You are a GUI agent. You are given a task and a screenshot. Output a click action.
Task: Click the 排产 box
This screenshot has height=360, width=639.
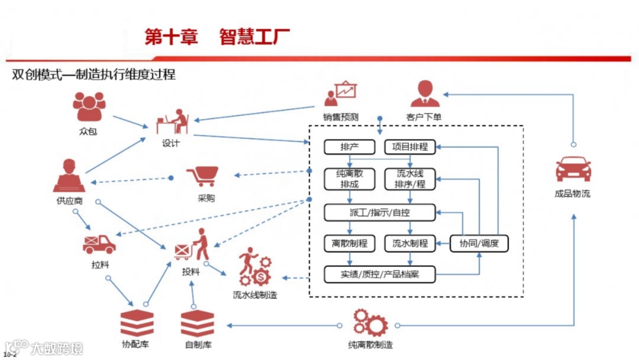pos(350,146)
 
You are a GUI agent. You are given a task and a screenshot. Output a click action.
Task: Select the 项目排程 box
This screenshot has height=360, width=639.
pos(410,146)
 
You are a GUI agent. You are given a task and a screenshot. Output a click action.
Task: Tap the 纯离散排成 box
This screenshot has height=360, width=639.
pos(350,179)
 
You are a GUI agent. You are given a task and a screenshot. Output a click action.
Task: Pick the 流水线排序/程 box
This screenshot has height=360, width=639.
pos(410,179)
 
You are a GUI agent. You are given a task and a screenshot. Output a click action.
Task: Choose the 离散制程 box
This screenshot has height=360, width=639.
pos(350,243)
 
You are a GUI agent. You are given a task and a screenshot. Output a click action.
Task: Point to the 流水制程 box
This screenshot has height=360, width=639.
pos(410,243)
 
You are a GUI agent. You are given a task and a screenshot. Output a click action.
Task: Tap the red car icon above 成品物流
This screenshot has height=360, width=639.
pos(573,168)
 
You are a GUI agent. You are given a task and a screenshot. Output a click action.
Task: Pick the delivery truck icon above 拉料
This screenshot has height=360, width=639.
pos(99,243)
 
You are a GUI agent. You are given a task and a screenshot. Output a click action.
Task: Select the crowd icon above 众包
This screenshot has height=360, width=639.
pos(88,107)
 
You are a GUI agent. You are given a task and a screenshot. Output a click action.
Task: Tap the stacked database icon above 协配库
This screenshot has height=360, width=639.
pos(137,323)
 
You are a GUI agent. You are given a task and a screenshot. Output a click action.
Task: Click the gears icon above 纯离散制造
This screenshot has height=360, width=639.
pos(370,323)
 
